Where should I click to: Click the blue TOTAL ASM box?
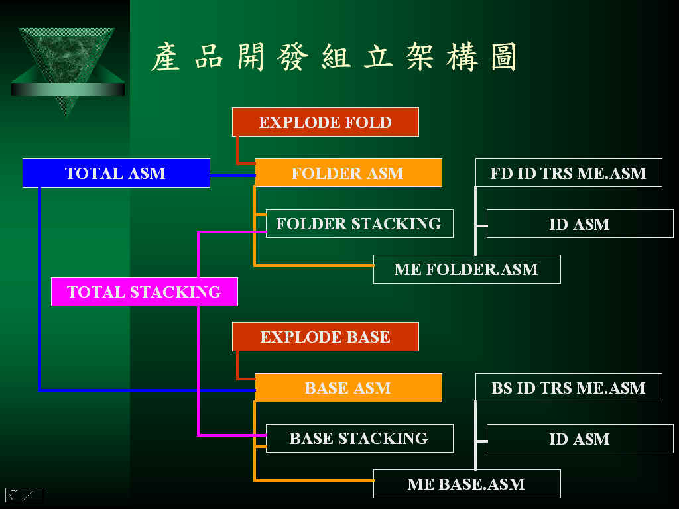(116, 173)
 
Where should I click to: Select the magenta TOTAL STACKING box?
(144, 292)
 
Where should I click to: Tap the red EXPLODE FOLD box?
(325, 122)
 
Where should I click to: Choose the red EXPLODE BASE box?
(325, 337)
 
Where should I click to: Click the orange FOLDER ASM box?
(348, 173)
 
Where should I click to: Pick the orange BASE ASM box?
(348, 388)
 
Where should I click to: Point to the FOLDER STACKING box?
(359, 224)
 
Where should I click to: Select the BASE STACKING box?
(359, 439)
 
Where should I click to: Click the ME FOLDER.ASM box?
(467, 269)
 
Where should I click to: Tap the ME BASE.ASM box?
(467, 484)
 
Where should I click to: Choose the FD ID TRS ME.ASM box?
(568, 173)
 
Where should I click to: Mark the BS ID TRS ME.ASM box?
(568, 388)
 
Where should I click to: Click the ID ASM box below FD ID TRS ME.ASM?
(580, 224)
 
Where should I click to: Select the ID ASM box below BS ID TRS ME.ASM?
(580, 439)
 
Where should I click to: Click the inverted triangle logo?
(68, 65)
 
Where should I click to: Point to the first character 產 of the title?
(165, 57)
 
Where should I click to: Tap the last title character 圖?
(504, 57)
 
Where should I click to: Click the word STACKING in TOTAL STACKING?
(175, 292)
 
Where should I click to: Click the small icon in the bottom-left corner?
(25, 494)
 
